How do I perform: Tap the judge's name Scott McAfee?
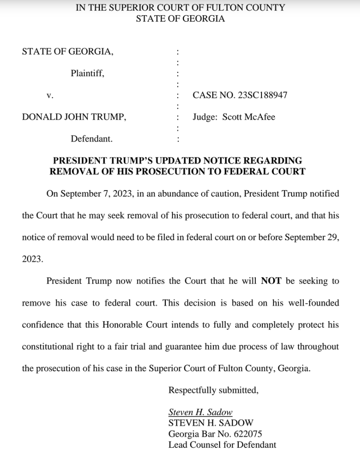(x=249, y=117)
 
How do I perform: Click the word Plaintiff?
(x=87, y=73)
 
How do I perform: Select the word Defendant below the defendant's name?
(x=92, y=139)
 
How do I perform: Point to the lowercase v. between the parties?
(x=50, y=95)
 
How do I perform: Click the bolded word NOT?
(x=271, y=281)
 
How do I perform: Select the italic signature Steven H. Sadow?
(x=200, y=412)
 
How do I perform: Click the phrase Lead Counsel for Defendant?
(x=222, y=445)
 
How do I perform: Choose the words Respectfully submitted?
(x=213, y=390)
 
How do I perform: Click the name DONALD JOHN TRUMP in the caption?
(x=74, y=117)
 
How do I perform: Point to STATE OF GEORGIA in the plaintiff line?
(x=67, y=52)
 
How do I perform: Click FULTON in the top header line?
(x=224, y=8)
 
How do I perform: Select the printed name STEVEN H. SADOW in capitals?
(x=211, y=423)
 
